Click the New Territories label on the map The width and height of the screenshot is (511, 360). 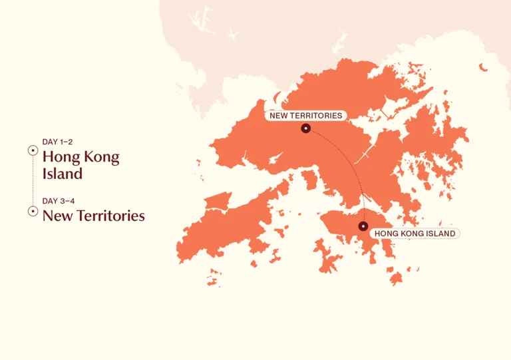click(x=305, y=116)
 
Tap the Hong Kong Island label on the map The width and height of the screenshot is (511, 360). click(x=415, y=234)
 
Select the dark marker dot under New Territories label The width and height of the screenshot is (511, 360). click(x=305, y=128)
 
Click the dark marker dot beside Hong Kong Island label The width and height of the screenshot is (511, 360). click(x=363, y=226)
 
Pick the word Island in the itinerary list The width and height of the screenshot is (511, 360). click(x=63, y=174)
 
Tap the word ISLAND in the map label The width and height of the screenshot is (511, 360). click(x=440, y=234)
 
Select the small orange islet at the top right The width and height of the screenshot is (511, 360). click(x=483, y=67)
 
